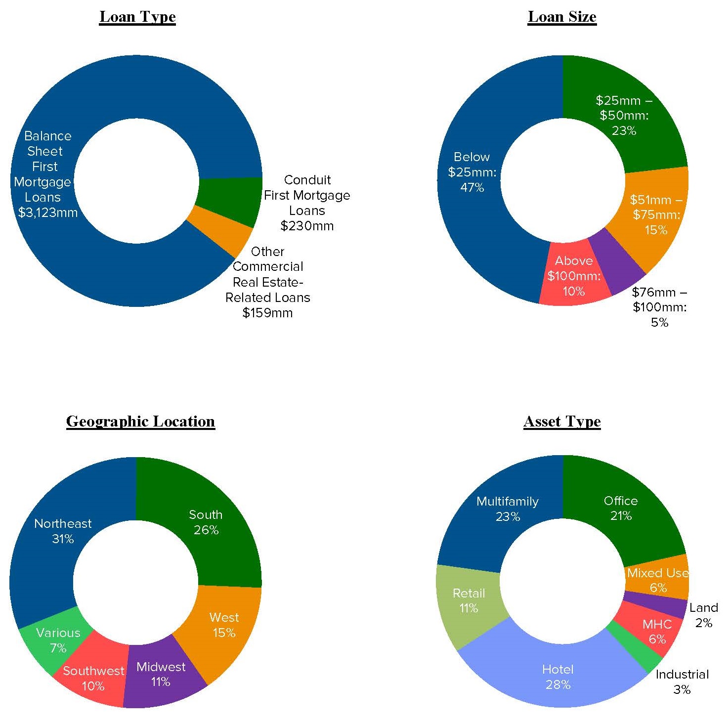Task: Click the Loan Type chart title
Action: (137, 17)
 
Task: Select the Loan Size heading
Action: (562, 17)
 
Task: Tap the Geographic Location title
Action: (140, 421)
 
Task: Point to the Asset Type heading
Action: (562, 421)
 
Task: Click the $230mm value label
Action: (307, 226)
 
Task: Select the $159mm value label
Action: (267, 313)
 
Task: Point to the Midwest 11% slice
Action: (161, 674)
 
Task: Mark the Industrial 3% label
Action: (682, 682)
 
